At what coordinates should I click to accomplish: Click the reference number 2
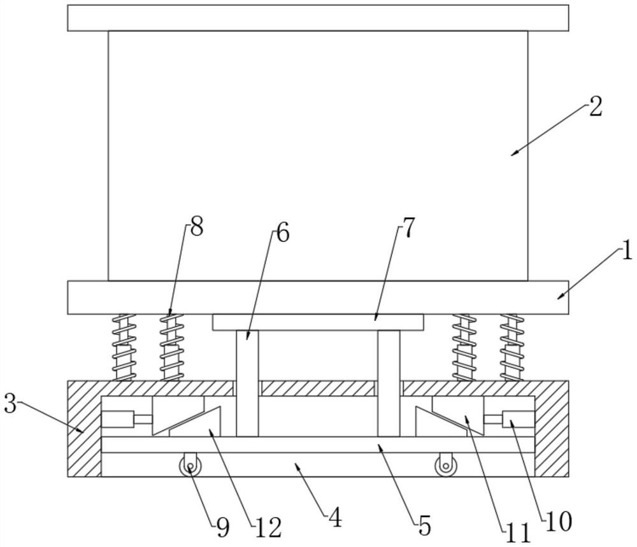click(595, 107)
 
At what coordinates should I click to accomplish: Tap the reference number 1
click(626, 252)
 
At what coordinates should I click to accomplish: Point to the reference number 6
click(282, 233)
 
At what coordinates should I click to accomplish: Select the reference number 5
click(425, 526)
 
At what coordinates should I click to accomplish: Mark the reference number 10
click(559, 521)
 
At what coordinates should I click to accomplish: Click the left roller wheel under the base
click(190, 467)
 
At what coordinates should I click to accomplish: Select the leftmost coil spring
click(124, 347)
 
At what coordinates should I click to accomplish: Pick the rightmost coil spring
click(512, 347)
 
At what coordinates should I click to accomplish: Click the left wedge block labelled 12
click(185, 420)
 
